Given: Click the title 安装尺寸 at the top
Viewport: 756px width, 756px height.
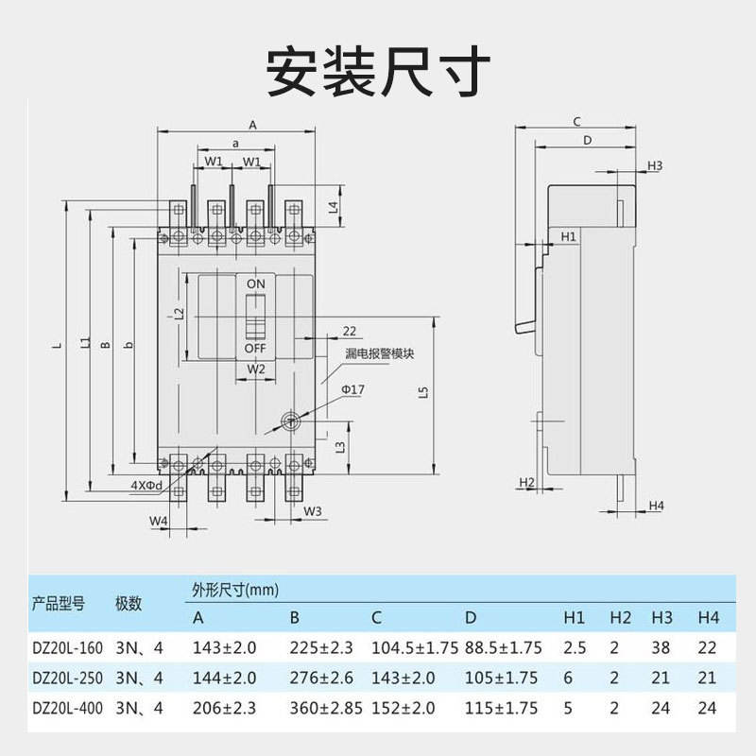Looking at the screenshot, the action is (378, 68).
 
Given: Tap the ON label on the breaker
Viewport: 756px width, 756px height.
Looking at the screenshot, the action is (256, 283).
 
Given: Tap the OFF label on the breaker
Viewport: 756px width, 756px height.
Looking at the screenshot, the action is (256, 348).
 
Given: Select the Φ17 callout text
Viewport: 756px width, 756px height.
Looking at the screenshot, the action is (353, 389).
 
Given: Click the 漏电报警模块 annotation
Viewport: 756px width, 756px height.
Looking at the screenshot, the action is (381, 353).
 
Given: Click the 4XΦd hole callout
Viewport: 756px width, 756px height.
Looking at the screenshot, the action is (146, 485).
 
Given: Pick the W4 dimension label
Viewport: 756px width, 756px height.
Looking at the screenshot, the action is (158, 521).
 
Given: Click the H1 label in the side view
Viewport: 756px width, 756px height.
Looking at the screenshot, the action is (568, 236).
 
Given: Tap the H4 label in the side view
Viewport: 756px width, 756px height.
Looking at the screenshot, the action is (656, 507).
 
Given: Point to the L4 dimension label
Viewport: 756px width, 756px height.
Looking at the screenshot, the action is (333, 206).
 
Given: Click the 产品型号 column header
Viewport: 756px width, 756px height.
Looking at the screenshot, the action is (59, 602).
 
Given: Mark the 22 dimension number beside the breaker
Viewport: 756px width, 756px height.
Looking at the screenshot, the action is (350, 331).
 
